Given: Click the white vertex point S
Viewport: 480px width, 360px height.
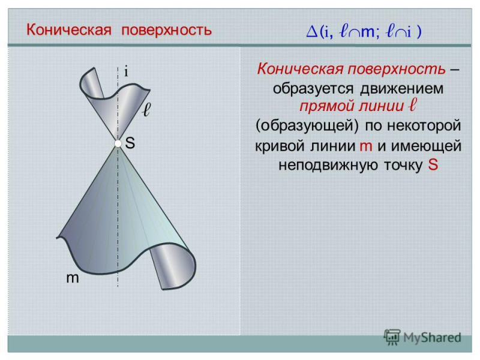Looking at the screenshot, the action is [x=118, y=143].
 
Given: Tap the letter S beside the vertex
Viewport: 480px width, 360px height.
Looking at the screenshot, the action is [x=130, y=143].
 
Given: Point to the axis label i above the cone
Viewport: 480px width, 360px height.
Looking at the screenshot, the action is [x=126, y=72].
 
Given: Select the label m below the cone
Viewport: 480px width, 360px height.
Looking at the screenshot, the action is [x=73, y=278].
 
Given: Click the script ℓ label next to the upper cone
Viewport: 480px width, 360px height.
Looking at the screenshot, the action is [x=147, y=109].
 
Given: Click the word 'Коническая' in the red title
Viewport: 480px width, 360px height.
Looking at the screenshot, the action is [x=68, y=30].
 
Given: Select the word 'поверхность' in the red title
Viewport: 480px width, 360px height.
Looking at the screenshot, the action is [x=167, y=31].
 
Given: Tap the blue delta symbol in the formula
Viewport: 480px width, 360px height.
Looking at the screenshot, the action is [x=312, y=32].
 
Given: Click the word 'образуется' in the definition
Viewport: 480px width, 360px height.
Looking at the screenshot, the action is [x=313, y=88].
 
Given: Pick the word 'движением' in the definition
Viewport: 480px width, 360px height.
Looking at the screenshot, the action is [x=401, y=88].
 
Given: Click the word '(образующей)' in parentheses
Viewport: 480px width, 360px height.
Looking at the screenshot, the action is [x=307, y=125].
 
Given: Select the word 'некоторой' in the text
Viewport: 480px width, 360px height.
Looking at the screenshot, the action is [x=424, y=125].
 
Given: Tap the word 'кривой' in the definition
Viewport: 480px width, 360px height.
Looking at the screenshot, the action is [x=279, y=146].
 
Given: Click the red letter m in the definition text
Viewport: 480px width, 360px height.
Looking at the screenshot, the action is [x=366, y=146].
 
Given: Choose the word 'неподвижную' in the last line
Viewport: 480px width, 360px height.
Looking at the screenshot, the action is [x=324, y=166].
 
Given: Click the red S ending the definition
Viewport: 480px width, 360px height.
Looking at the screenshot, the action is [x=433, y=164].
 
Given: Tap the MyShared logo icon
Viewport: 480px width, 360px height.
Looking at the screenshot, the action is [x=392, y=337].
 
